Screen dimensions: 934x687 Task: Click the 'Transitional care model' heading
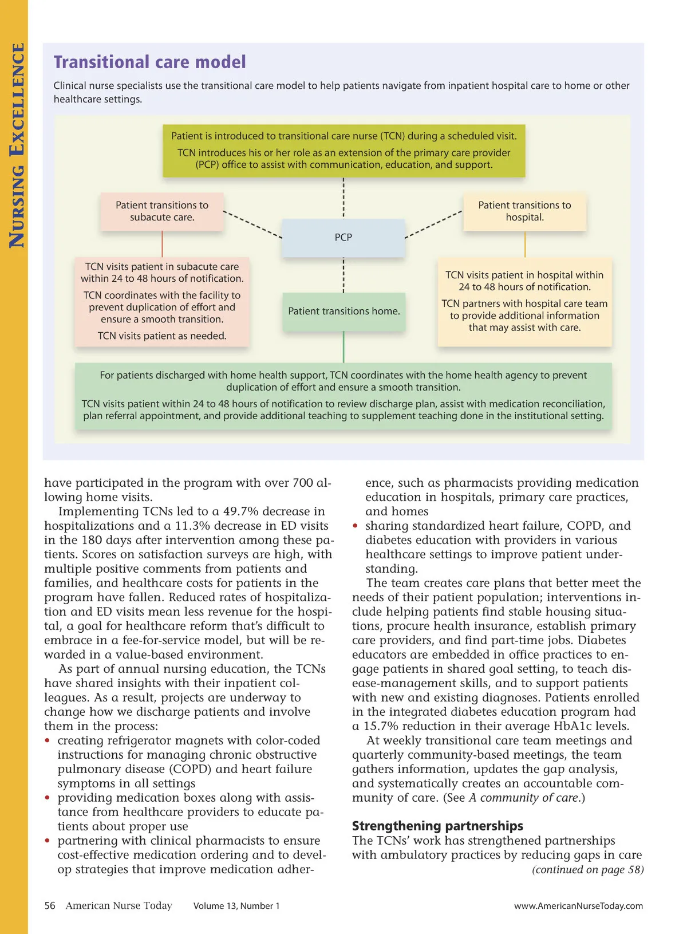tap(149, 62)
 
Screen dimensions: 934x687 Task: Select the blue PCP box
tap(343, 237)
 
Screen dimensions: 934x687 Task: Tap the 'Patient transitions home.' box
tap(343, 311)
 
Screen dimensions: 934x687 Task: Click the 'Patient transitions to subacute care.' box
tap(162, 211)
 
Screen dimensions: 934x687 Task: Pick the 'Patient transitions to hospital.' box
tap(524, 211)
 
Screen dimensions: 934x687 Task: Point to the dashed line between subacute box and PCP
tap(252, 224)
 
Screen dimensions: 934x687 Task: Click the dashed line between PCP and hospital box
tap(433, 224)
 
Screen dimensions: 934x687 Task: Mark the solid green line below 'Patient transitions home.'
tap(343, 346)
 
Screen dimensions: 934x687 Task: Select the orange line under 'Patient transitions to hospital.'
tap(525, 245)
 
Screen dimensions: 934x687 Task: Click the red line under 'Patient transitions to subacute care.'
tap(162, 244)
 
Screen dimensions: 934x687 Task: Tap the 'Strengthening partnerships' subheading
tap(437, 826)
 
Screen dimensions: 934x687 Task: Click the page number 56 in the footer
tap(50, 905)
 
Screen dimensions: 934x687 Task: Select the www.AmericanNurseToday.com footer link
tap(578, 906)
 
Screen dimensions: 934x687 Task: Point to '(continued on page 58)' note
tap(587, 869)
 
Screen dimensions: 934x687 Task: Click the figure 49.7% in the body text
tap(243, 511)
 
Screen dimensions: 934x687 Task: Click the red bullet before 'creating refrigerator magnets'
tap(48, 741)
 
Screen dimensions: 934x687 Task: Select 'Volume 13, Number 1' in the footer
tap(236, 906)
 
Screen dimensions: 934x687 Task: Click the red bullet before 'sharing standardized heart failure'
tap(356, 526)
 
